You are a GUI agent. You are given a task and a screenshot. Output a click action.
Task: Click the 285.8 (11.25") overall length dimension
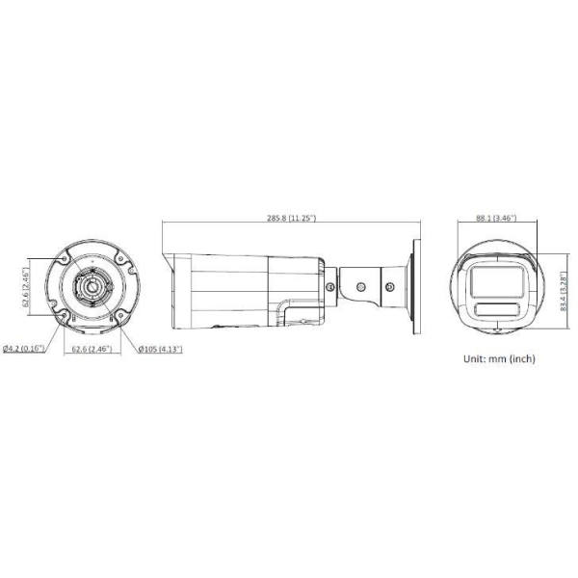point(290,219)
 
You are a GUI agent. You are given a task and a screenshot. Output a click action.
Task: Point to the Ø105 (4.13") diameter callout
point(160,348)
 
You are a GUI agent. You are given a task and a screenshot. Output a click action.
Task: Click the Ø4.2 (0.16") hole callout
point(23,348)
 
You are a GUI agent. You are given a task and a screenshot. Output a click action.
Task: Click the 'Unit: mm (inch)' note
point(499,358)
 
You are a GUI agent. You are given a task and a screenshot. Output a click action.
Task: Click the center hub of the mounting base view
point(91,287)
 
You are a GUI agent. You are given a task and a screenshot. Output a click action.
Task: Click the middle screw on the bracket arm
point(361,286)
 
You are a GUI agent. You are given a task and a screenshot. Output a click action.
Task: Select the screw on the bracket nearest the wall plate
point(391,285)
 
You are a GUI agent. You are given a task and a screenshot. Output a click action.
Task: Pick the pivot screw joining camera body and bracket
point(333,286)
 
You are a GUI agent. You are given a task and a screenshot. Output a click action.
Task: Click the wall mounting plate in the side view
point(417,286)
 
